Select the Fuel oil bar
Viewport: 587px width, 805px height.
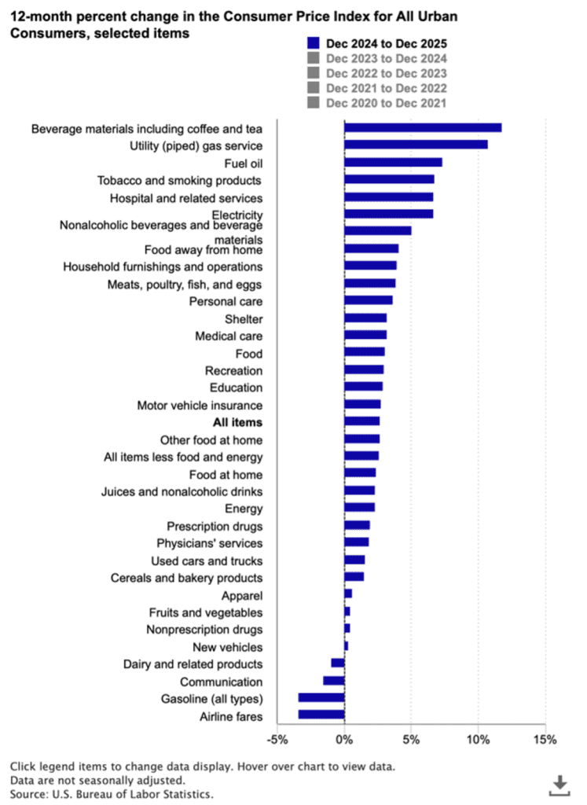tap(393, 162)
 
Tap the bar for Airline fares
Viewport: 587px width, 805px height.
tap(321, 715)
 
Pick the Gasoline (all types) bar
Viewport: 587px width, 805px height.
tap(321, 697)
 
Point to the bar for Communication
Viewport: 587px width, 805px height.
tap(334, 680)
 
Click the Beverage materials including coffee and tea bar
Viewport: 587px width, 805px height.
tap(423, 127)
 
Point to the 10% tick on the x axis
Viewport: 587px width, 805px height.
tap(478, 740)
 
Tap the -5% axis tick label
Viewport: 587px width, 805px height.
tap(277, 740)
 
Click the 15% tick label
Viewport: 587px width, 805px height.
tap(545, 740)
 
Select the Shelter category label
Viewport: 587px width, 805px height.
tap(244, 318)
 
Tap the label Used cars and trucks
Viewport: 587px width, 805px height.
tap(207, 561)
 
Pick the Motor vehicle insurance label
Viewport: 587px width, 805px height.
tap(200, 405)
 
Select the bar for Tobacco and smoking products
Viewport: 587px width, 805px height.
tap(389, 179)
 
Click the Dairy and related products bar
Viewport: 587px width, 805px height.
tap(338, 663)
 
